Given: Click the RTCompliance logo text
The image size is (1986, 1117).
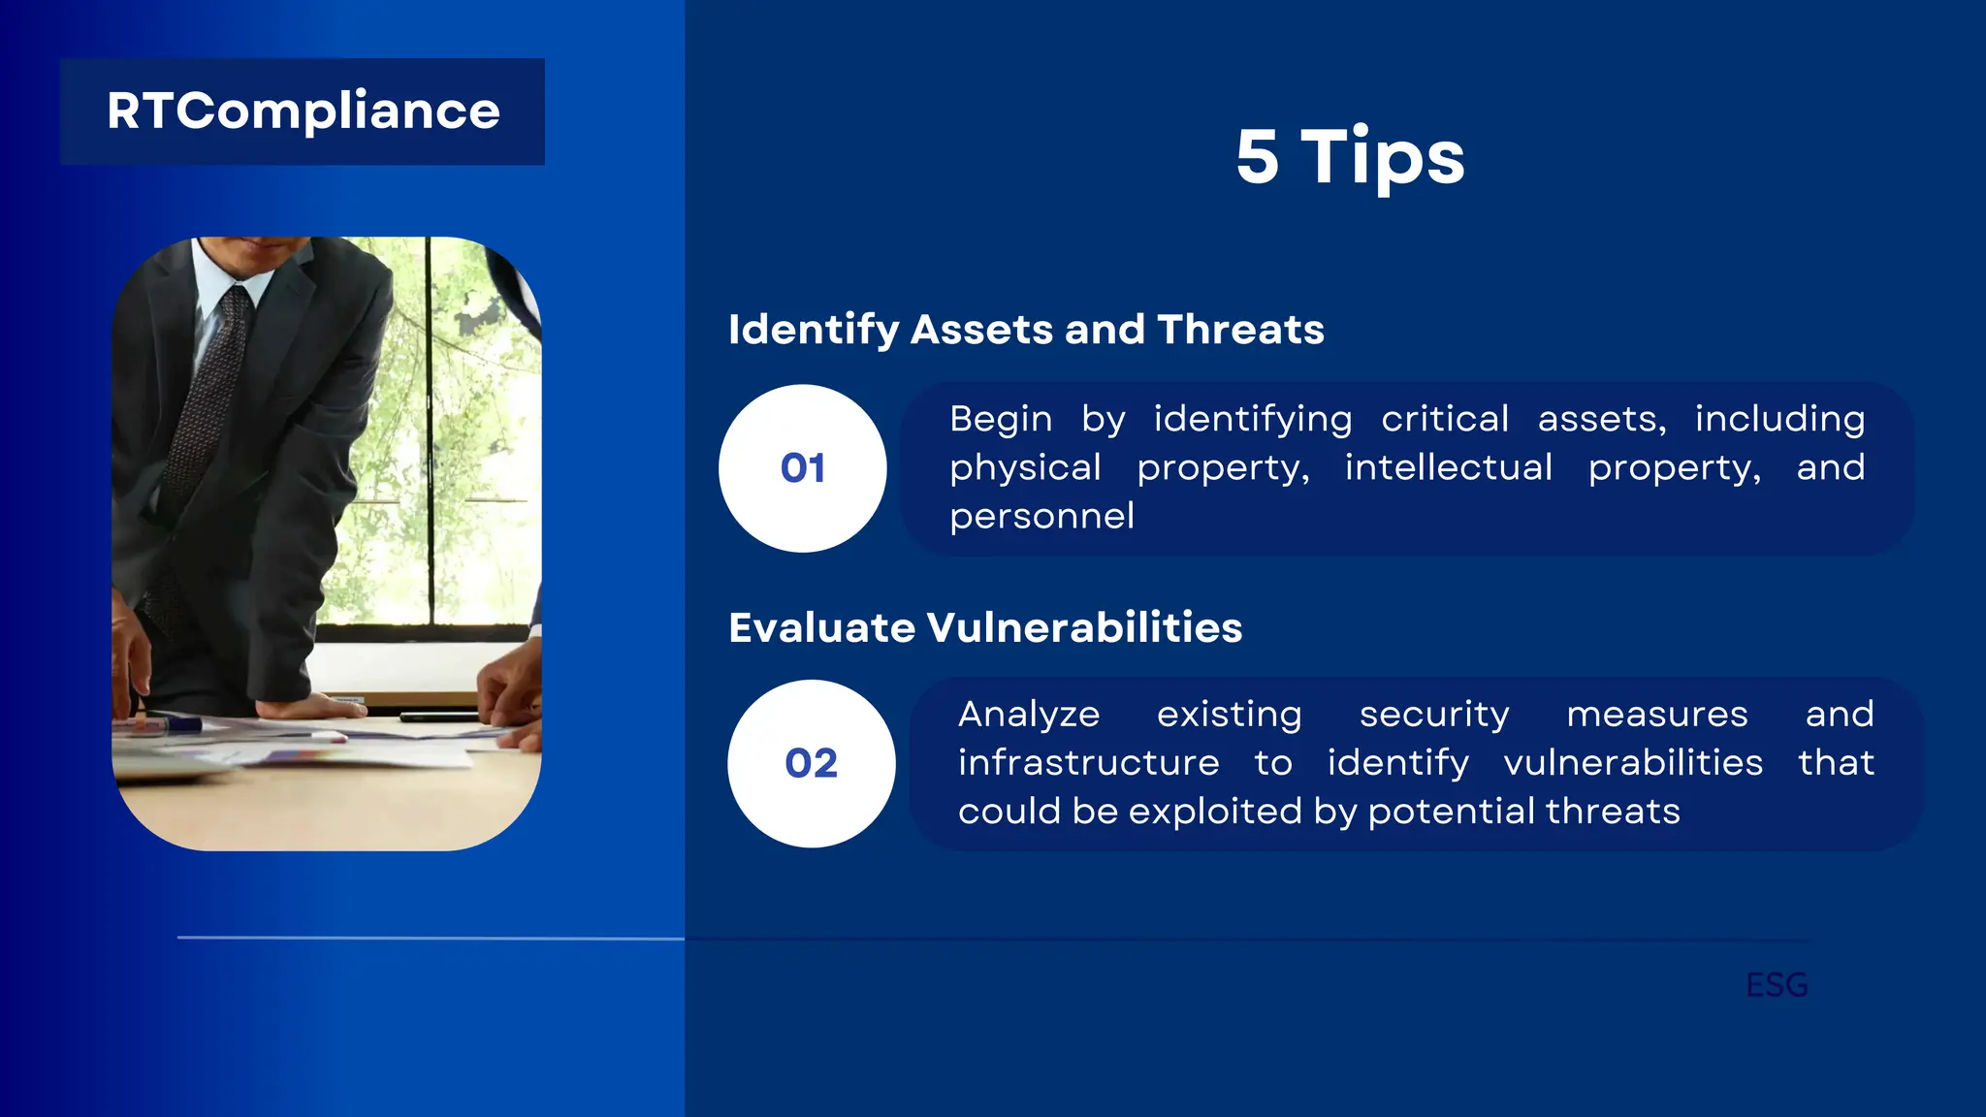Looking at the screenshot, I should pos(303,112).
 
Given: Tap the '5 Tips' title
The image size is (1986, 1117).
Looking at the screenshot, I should pos(1350,157).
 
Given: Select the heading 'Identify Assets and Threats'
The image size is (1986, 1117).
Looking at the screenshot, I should pos(1026,330).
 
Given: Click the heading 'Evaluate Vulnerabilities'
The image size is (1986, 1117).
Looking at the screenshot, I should pos(985,627).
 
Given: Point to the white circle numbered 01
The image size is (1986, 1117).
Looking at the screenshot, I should pos(802,468).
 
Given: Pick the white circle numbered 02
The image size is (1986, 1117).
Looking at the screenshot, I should pos(811,763).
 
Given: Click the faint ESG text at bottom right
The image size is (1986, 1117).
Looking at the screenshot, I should pos(1777,985).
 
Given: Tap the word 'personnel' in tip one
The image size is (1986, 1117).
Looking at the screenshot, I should pos(1041,516).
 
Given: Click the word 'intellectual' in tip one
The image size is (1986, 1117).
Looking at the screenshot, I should pos(1449,467).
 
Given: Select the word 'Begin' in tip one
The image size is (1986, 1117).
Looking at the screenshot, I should pos(1001,419).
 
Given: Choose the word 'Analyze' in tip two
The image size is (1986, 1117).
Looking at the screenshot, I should pos(1029,715).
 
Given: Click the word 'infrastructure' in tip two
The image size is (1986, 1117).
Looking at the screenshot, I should pos(1088,763).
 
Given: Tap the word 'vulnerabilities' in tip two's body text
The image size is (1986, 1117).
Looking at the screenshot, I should pos(1633,763).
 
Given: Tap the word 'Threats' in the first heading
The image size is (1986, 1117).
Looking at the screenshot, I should pos(1240,330).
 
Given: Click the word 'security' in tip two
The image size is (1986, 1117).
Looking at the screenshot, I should pos(1434,715).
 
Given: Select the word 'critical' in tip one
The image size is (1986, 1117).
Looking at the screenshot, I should pos(1445,419).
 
